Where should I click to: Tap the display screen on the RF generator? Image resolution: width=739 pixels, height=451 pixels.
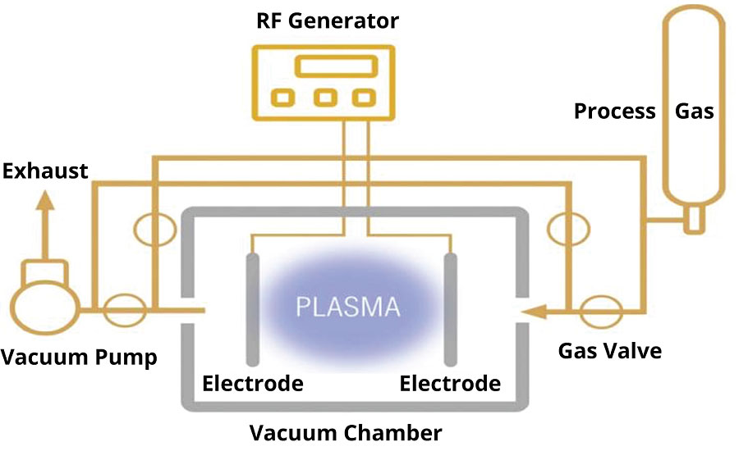(328, 66)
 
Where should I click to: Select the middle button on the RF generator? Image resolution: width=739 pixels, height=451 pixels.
(327, 98)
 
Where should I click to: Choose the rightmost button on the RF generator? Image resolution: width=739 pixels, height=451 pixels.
(362, 98)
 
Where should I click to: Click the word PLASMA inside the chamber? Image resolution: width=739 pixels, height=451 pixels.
(348, 307)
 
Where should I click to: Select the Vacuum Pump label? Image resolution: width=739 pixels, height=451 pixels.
(79, 358)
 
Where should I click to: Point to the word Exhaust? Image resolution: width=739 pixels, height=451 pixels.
(46, 171)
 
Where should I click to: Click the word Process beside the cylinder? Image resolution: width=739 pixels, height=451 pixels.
(614, 111)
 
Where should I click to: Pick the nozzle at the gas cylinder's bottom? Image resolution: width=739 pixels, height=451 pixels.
(692, 220)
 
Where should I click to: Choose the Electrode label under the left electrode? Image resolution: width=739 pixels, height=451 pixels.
(252, 383)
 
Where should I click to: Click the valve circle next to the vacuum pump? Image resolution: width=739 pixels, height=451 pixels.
(126, 310)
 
